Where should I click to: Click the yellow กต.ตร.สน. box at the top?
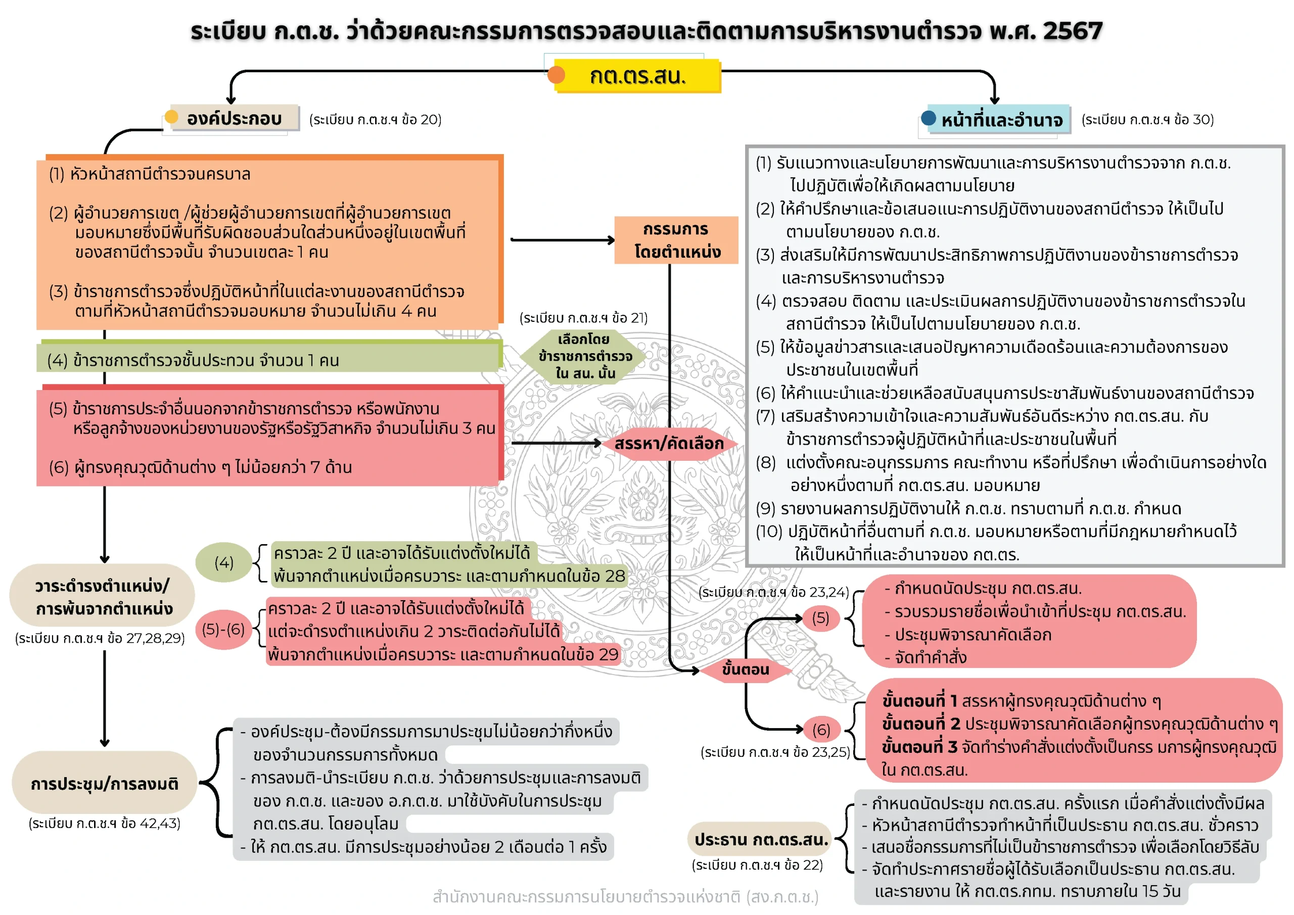coord(637,75)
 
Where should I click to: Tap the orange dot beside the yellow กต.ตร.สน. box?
coord(556,75)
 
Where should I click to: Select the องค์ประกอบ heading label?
coord(234,118)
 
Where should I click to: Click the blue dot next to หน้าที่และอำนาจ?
coord(928,118)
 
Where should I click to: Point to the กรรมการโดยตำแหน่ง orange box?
coord(676,240)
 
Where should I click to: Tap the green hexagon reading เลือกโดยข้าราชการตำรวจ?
coord(584,356)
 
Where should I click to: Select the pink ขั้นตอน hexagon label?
coord(745,669)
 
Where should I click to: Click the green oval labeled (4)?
coord(224,562)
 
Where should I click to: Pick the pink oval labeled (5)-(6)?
coord(223,629)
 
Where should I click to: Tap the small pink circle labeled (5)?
coord(820,618)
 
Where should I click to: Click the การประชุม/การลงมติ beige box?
coord(104,784)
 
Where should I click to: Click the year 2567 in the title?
coord(1073,30)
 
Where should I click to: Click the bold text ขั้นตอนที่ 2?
coord(921,724)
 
